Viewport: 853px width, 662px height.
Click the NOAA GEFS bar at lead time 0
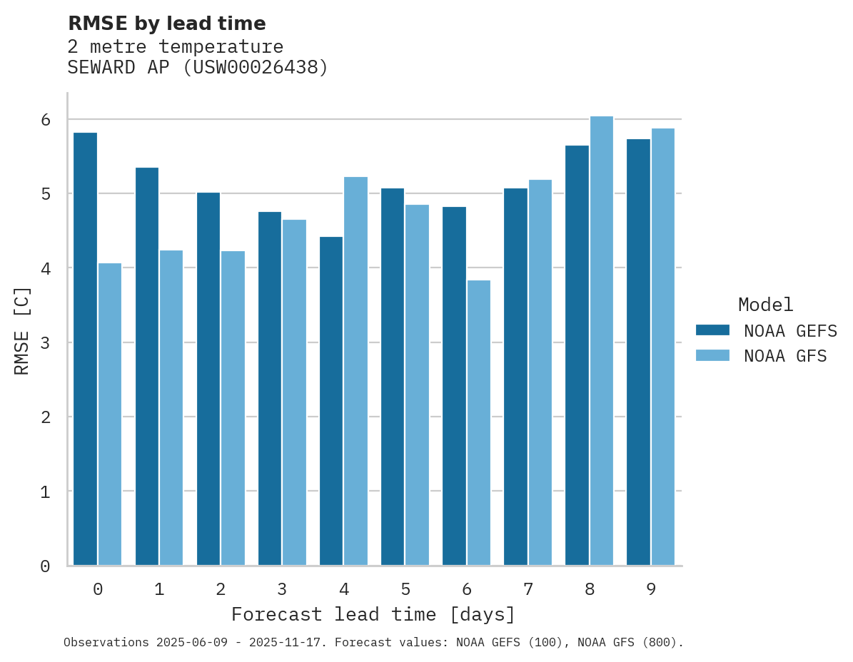click(85, 349)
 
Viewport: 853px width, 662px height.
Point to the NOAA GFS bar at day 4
click(355, 371)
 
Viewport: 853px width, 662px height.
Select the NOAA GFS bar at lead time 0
click(110, 414)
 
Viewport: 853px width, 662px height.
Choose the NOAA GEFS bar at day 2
click(208, 379)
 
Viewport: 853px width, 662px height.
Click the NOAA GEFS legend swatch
click(712, 330)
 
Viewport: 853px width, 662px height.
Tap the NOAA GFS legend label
click(785, 356)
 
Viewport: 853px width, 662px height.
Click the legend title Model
click(765, 305)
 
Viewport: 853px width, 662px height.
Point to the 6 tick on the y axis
click(46, 120)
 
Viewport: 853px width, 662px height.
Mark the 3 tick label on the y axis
click(46, 343)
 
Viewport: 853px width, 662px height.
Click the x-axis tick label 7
click(528, 589)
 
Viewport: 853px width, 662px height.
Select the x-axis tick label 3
click(282, 589)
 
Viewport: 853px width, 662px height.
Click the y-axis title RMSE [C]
click(22, 330)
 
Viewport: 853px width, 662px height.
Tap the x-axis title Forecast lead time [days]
click(373, 614)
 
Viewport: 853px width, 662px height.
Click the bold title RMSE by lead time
click(166, 24)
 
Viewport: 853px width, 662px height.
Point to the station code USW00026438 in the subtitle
click(256, 68)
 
